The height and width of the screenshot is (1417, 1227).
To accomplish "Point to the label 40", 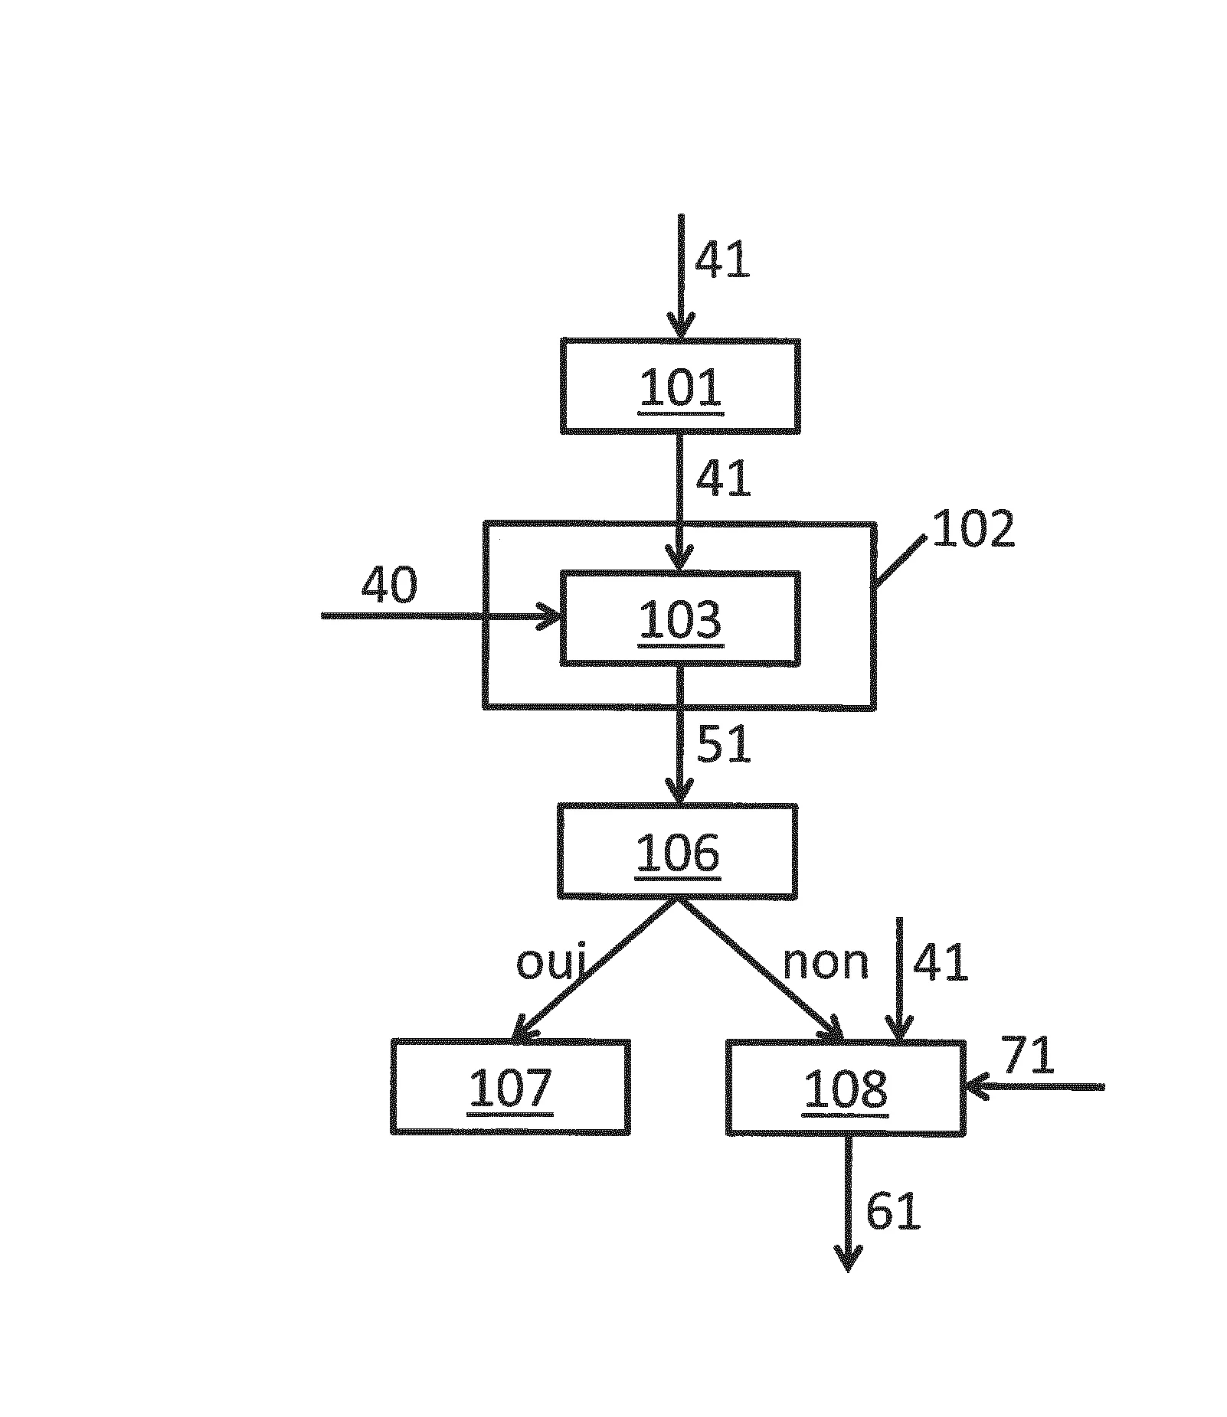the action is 390,586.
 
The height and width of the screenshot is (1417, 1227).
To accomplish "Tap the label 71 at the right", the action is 1028,1056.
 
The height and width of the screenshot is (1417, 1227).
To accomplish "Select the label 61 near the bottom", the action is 892,1212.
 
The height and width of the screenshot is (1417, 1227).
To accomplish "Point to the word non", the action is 826,964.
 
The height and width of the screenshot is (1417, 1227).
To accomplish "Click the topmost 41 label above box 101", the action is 721,260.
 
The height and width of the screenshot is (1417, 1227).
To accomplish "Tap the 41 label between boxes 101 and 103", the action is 723,479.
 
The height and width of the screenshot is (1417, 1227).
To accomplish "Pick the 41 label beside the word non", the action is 941,962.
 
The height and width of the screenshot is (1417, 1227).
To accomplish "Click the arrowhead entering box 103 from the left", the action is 550,616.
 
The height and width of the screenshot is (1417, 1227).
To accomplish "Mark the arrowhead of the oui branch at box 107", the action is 525,1027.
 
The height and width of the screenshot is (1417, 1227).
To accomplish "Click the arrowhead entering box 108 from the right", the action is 977,1086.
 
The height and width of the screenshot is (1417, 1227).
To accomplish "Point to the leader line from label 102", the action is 901,562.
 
